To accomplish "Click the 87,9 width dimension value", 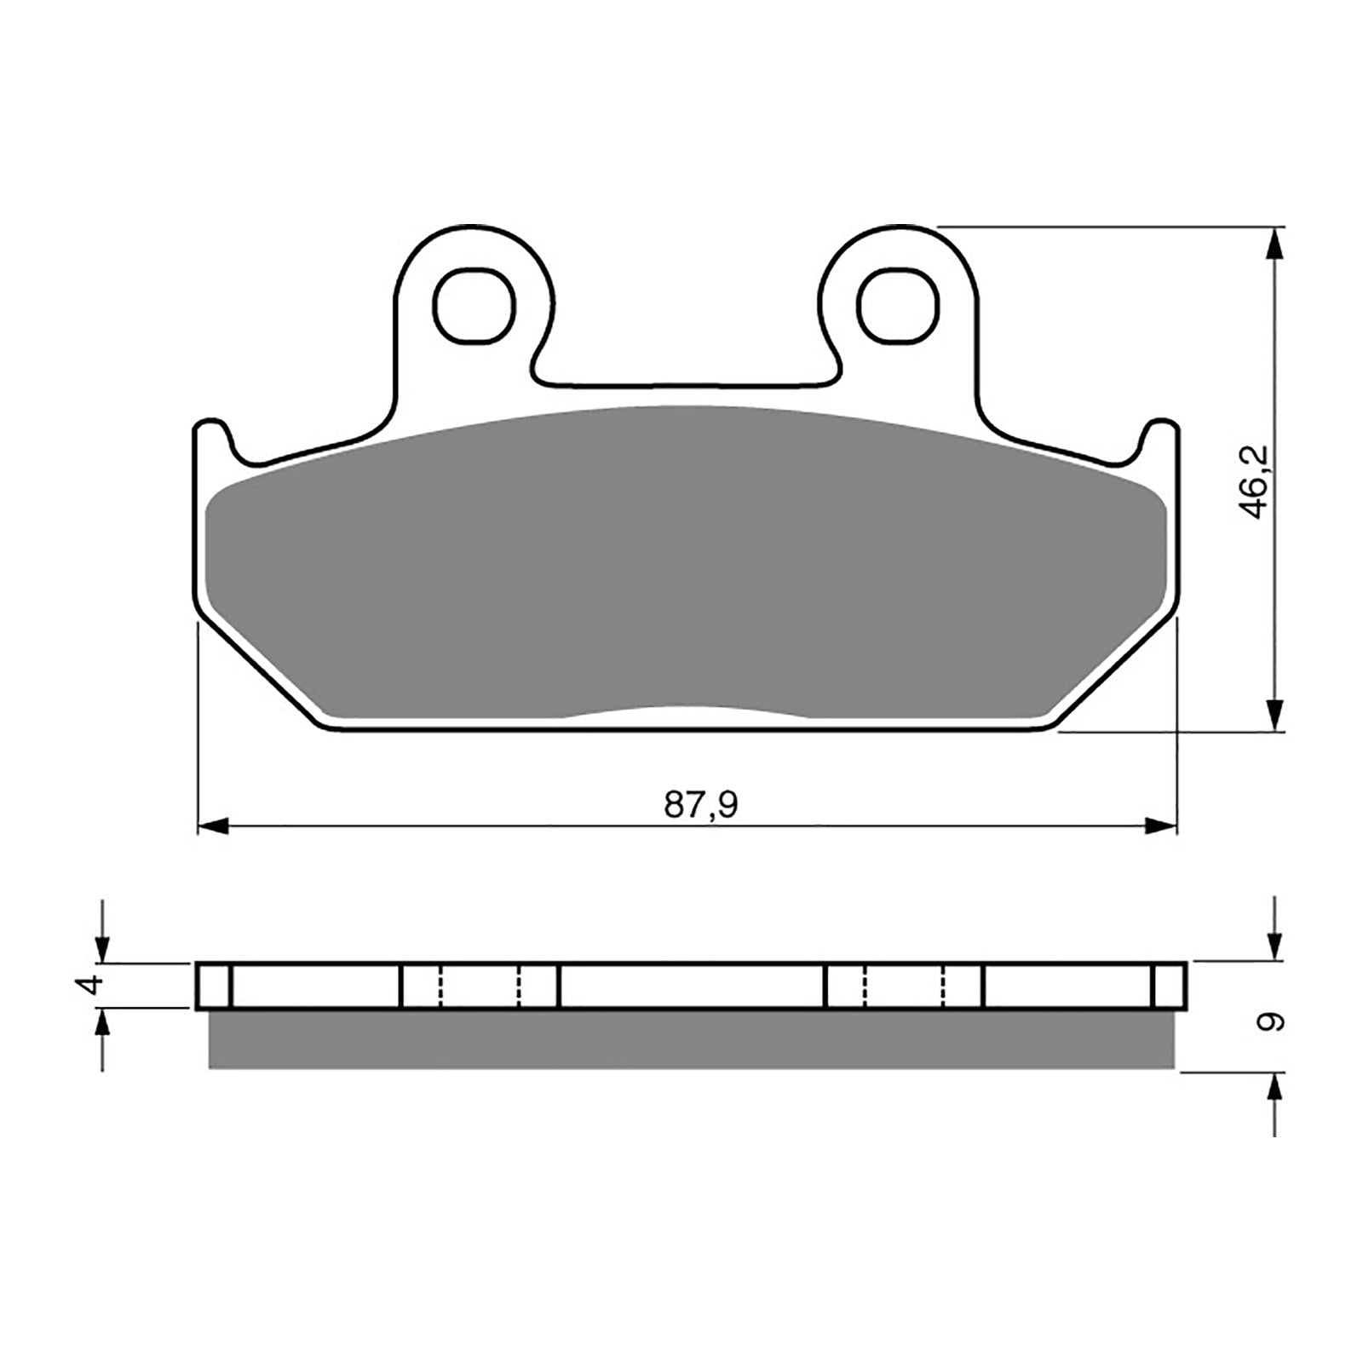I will coord(700,804).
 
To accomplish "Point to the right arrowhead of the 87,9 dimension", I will coord(1160,825).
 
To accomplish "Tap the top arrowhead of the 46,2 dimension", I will coord(1274,244).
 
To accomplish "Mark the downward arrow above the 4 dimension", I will coord(103,944).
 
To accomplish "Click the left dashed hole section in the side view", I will coord(480,986).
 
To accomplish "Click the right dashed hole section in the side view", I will coord(904,986).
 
